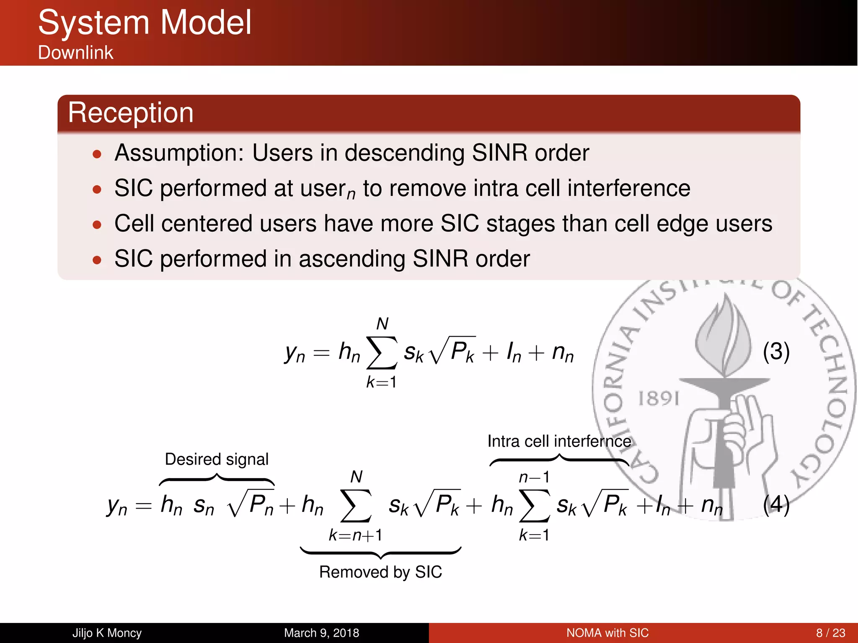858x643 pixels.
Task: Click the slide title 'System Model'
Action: (x=145, y=23)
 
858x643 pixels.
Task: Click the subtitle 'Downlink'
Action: (x=75, y=53)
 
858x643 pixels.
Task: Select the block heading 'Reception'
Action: (x=131, y=113)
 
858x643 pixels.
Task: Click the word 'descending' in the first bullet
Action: (x=404, y=153)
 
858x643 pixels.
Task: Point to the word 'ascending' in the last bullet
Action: (x=351, y=259)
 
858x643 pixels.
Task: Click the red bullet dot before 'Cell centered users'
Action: (x=97, y=225)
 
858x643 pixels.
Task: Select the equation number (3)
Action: (x=776, y=352)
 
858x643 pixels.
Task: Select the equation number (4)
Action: (x=776, y=504)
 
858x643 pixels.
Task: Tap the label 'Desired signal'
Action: (x=217, y=460)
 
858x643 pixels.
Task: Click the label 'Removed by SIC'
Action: (x=380, y=572)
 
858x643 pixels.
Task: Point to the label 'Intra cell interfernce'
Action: (x=559, y=442)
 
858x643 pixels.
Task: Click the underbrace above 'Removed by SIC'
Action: (x=380, y=553)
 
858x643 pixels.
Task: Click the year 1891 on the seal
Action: (x=658, y=399)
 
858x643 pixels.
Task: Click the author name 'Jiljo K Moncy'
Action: (x=107, y=633)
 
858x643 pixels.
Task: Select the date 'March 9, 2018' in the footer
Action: (x=321, y=633)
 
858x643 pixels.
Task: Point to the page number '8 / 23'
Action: (x=830, y=633)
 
